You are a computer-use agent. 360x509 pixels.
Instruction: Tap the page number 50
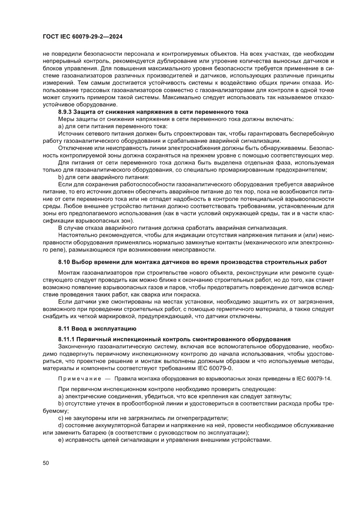pos(46,462)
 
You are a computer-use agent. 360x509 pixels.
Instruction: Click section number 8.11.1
pos(67,339)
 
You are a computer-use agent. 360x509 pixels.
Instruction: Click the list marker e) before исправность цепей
pos(61,440)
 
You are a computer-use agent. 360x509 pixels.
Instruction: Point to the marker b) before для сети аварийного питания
pos(61,177)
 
